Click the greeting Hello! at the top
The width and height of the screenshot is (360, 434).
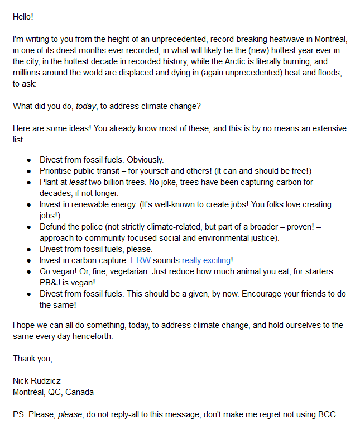[23, 17]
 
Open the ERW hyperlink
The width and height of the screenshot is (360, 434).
[137, 260]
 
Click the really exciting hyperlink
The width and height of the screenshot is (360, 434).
[206, 260]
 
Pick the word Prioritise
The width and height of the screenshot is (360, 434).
[57, 171]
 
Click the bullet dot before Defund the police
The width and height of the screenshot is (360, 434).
[28, 227]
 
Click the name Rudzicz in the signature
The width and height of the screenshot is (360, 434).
[47, 381]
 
